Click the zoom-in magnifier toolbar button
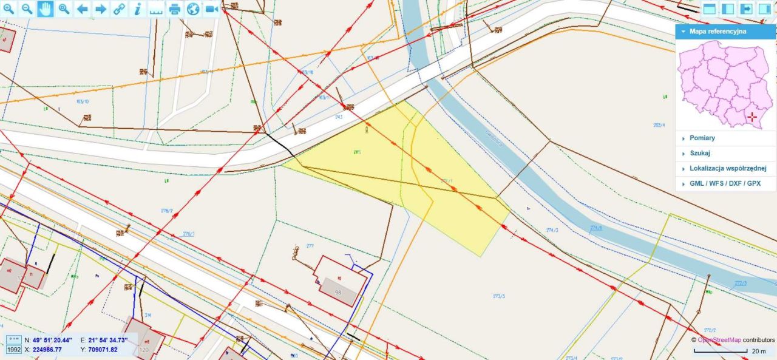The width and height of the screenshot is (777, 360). (9, 9)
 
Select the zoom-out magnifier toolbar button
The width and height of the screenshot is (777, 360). (27, 9)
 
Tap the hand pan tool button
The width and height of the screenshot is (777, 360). (46, 9)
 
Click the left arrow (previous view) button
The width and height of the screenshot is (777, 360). (83, 9)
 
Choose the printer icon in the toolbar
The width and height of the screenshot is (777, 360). (175, 9)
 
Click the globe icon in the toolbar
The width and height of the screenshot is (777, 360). (193, 9)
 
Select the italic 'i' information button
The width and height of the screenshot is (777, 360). (138, 9)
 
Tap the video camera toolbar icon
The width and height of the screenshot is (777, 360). (212, 9)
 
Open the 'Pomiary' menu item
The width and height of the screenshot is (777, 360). (702, 138)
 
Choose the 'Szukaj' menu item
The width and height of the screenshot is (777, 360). (700, 153)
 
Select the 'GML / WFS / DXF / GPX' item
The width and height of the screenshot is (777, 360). (725, 183)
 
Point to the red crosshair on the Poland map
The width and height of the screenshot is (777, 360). (752, 117)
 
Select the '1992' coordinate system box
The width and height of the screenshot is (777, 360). (13, 350)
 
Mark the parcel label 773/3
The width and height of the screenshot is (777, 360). (499, 296)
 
